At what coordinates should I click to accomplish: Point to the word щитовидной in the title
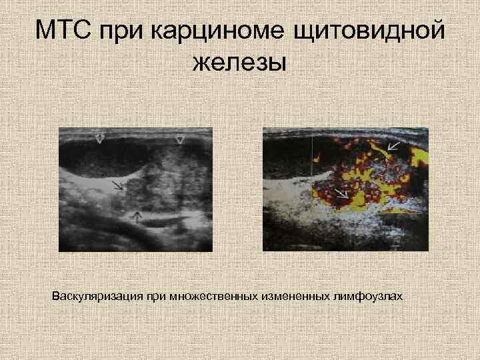[x=363, y=31]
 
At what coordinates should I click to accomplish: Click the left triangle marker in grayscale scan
[x=99, y=139]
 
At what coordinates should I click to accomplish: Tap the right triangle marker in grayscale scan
[x=179, y=139]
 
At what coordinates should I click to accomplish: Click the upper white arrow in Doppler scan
[x=394, y=146]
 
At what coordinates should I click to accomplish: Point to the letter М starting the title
[x=45, y=31]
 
